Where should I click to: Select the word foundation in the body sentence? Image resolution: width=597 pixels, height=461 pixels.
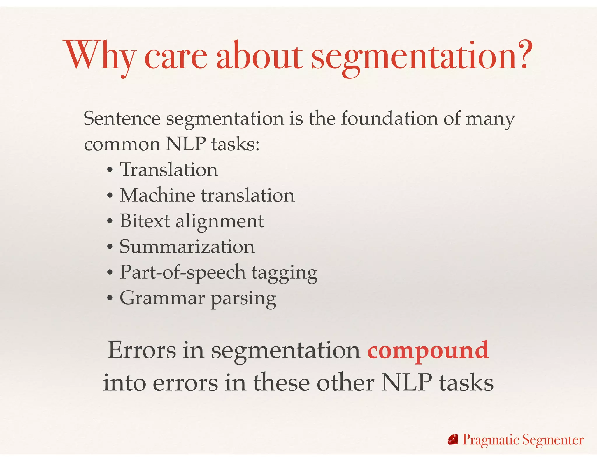(389, 119)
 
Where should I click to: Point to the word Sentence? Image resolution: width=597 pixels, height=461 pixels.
(122, 119)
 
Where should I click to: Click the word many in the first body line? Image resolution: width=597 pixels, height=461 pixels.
(490, 119)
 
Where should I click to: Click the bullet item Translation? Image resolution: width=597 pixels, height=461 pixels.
(169, 170)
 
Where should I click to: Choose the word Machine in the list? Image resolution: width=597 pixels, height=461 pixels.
(157, 195)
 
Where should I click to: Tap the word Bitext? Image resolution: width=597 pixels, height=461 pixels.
(145, 221)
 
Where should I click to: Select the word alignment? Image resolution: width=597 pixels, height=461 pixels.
(220, 222)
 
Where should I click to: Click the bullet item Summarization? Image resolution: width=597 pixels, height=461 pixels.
(187, 247)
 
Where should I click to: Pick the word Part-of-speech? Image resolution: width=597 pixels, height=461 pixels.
(182, 273)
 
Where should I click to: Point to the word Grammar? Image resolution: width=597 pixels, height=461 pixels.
(162, 298)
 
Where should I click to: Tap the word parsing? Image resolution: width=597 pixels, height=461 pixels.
(243, 299)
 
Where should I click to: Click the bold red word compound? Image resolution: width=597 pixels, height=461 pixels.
(428, 351)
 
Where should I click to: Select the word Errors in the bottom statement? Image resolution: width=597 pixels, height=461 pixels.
(142, 350)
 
